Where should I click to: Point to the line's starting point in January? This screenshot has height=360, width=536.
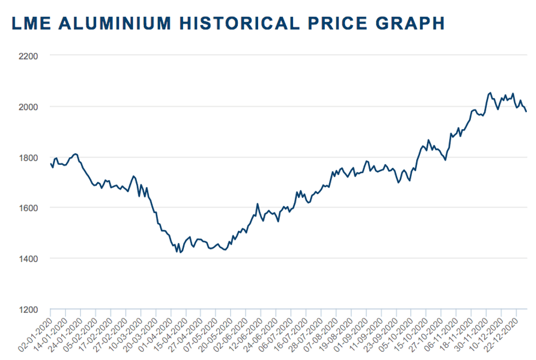tap(50, 163)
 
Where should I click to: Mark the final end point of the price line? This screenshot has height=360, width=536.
tap(526, 112)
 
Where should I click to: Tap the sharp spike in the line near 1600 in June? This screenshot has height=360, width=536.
tap(257, 204)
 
